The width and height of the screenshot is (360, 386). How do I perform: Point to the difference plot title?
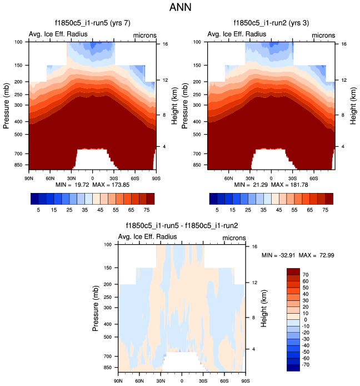[x=182, y=226]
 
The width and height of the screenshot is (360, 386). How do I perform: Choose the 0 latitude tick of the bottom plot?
[x=182, y=382]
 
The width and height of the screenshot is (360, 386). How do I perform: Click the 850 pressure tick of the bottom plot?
[x=108, y=368]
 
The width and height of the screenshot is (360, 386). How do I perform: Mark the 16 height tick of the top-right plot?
[x=343, y=43]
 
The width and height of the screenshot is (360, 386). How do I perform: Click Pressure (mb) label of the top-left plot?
[x=6, y=106]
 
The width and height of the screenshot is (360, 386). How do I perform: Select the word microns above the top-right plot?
[x=323, y=35]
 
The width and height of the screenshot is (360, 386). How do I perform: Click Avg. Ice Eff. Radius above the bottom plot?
[x=148, y=237]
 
